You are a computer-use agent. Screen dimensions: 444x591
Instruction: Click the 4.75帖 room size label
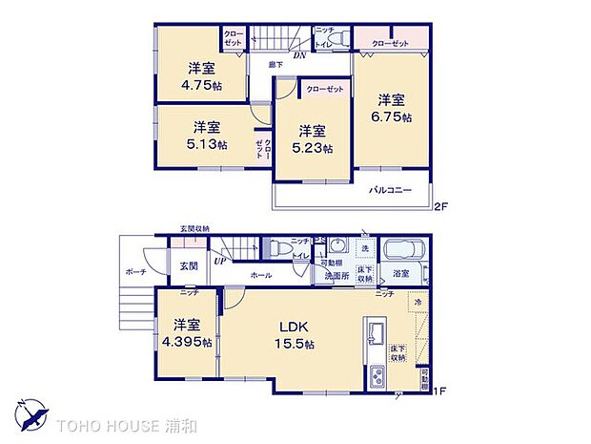200,83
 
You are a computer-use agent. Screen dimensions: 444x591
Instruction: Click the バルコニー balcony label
391,191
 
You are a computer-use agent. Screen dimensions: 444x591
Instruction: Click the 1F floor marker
441,389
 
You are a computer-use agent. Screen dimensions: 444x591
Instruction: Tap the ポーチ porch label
135,270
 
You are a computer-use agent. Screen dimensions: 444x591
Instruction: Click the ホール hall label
260,275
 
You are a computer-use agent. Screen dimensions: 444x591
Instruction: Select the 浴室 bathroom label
401,274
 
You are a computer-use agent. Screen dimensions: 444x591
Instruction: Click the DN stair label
298,56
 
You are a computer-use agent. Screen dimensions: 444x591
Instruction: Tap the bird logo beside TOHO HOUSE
31,418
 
